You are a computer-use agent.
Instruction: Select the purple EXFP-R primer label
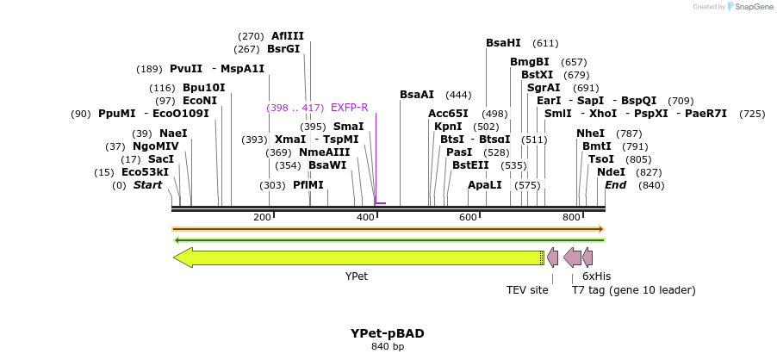pos(349,108)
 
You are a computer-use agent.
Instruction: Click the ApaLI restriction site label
pos(484,185)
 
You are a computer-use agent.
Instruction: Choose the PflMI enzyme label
pos(308,185)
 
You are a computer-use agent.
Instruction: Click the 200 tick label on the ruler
pos(263,217)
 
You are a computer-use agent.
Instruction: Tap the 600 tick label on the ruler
pos(468,217)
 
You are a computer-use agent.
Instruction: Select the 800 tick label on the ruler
pos(571,217)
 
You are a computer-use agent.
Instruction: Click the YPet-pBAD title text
pos(387,333)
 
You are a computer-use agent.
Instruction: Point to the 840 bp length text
pos(387,347)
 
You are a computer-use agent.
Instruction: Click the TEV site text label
pos(527,290)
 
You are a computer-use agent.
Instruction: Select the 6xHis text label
pos(596,276)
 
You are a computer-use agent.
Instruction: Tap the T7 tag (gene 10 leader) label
pos(633,290)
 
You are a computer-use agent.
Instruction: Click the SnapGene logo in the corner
pos(749,7)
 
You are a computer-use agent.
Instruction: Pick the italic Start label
pos(147,185)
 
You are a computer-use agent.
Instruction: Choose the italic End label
pos(615,185)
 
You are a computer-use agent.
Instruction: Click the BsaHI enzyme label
pos(503,43)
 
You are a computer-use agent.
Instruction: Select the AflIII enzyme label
pos(288,36)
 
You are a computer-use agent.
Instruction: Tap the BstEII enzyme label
pos(470,165)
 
